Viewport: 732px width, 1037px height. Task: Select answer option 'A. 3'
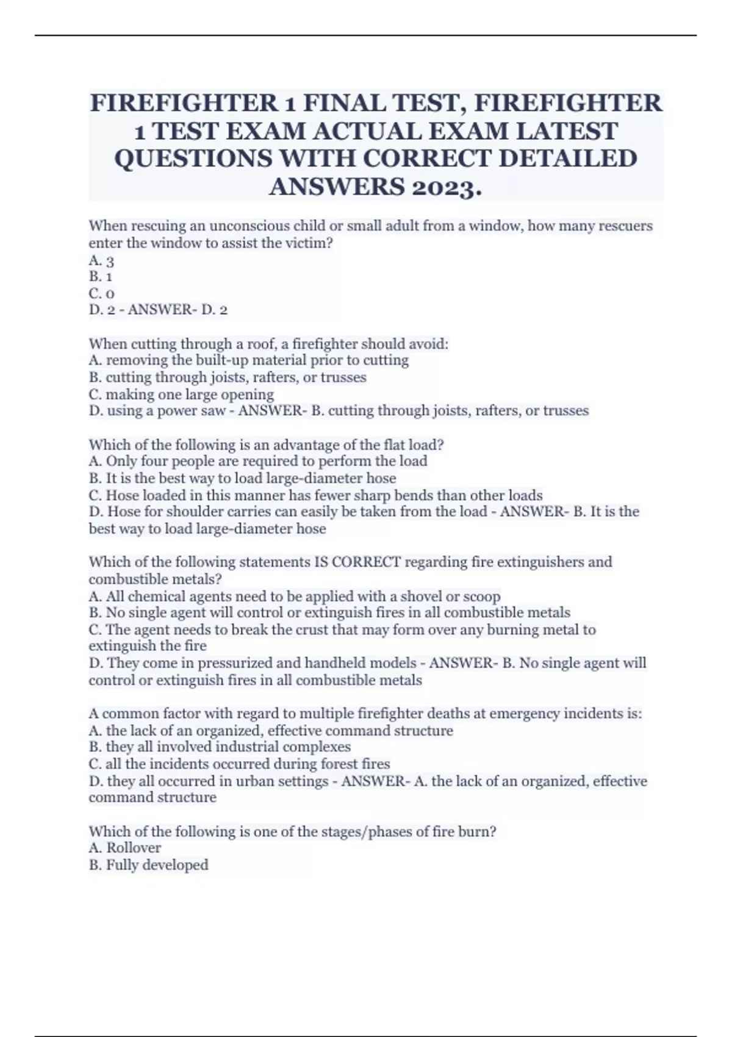101,261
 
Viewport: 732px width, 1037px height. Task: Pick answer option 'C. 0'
101,293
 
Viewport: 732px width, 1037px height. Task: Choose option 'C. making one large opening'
181,394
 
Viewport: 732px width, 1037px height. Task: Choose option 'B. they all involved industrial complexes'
220,747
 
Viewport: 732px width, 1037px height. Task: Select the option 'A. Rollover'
125,848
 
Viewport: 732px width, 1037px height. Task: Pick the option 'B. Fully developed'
148,865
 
